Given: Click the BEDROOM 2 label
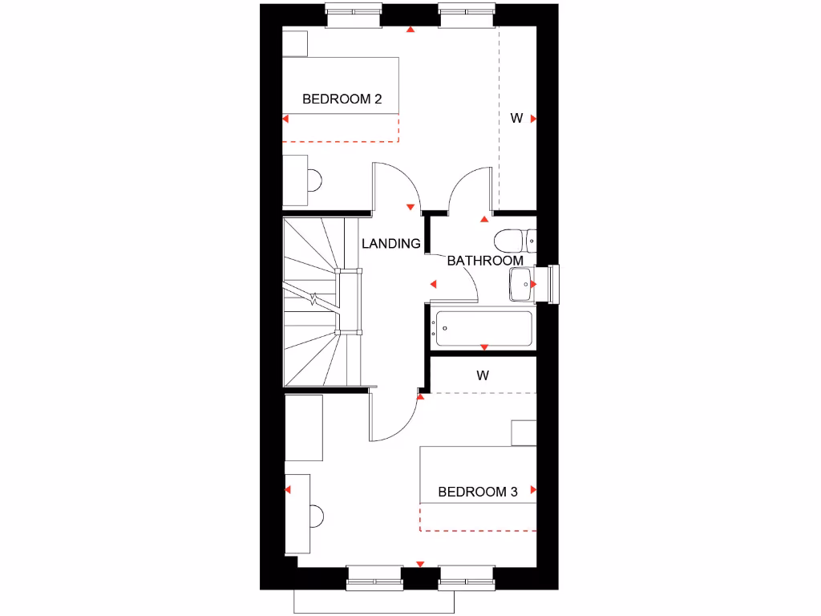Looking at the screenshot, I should [x=342, y=99].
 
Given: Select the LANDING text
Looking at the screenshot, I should [x=390, y=244].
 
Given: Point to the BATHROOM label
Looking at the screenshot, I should [x=485, y=261].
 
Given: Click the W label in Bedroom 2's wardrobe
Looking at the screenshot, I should [x=516, y=119].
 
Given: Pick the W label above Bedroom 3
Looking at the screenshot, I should [x=483, y=375].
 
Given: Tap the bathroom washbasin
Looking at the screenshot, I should [x=522, y=284].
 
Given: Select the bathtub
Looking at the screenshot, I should [x=483, y=329].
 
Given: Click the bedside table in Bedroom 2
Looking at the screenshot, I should [x=295, y=43].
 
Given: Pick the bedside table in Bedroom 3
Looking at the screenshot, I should [x=524, y=432].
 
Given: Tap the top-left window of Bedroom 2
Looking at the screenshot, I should [x=352, y=14].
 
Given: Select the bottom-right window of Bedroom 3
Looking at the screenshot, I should [x=466, y=577].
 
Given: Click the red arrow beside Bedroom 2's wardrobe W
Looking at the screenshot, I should [x=532, y=119].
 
